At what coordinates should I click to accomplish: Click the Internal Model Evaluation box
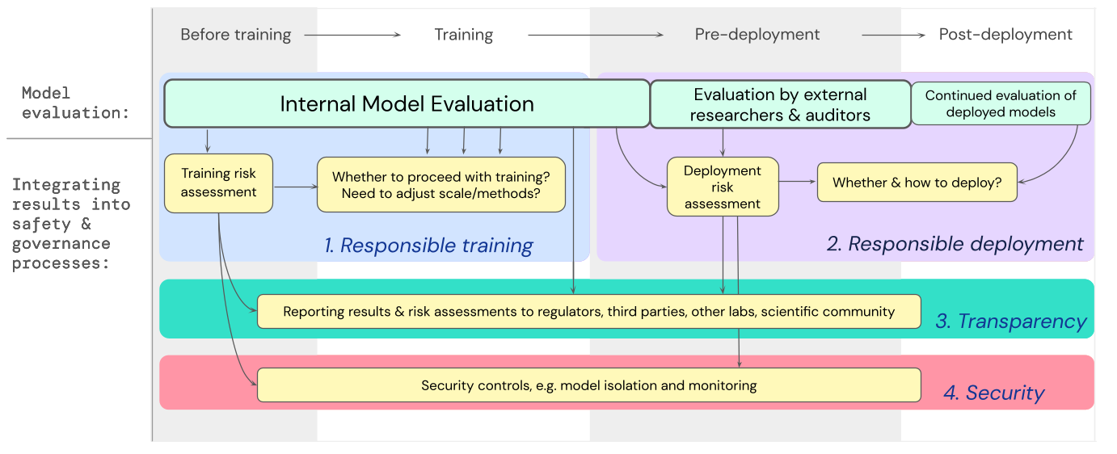coord(407,103)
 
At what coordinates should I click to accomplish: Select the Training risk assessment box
coord(218,184)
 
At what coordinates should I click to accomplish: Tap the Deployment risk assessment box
coord(723,187)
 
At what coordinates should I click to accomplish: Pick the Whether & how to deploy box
coord(917,183)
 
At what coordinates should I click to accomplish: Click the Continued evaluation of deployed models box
coord(1001,103)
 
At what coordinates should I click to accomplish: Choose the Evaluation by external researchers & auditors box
coord(780,104)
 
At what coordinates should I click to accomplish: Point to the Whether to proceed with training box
coord(440,185)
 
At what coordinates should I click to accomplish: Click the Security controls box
coord(588,385)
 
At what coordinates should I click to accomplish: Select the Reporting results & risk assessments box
coord(588,312)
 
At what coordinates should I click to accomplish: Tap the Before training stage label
coord(235,35)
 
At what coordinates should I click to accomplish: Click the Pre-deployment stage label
coord(757,35)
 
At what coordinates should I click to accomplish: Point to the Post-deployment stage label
coord(1005,35)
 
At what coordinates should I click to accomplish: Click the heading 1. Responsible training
coord(428,246)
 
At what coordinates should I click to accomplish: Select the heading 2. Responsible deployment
coord(955,244)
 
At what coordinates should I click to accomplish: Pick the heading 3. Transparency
coord(1010,322)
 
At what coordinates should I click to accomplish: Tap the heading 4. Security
coord(993,393)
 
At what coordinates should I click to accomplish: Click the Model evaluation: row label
coord(75,103)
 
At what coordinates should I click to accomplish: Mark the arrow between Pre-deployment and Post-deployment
coord(892,35)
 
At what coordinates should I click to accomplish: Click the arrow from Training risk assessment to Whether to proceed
coord(295,187)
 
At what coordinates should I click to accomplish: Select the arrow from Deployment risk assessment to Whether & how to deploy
coord(798,183)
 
